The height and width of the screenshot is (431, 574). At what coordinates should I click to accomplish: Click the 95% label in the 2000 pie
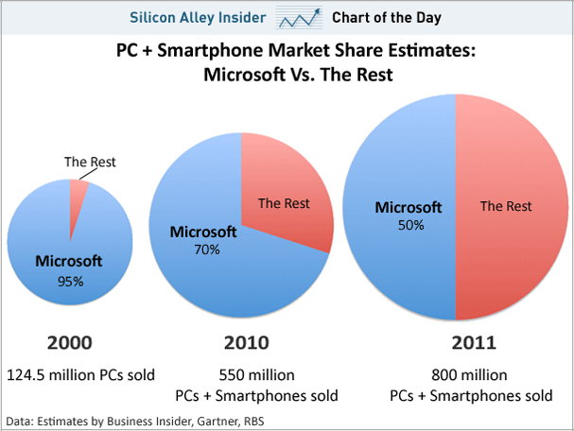[x=71, y=282]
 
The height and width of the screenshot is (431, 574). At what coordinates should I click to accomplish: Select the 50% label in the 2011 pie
[x=409, y=226]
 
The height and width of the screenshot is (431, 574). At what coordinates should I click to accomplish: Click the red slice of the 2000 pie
[x=79, y=192]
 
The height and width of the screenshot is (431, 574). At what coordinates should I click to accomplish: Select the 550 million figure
[x=242, y=374]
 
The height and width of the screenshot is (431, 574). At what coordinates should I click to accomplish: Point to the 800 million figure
[x=458, y=374]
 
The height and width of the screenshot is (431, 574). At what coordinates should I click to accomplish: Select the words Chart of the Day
[x=387, y=17]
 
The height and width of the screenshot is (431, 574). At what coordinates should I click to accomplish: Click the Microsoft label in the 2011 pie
[x=409, y=208]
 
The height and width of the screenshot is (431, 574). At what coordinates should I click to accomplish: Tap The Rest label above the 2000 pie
[x=90, y=162]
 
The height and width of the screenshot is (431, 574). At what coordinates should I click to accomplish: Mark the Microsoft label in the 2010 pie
[x=203, y=232]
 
